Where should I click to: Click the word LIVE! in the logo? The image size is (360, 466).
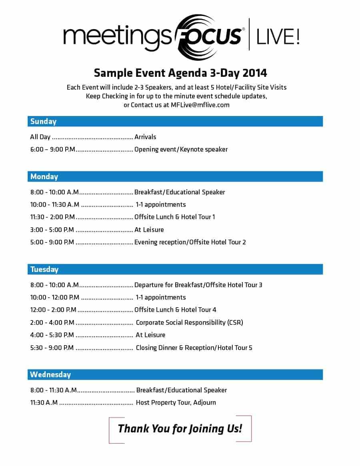pyautogui.click(x=278, y=37)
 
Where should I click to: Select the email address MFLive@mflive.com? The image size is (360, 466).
pyautogui.click(x=200, y=105)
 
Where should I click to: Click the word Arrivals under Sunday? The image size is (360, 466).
pyautogui.click(x=145, y=137)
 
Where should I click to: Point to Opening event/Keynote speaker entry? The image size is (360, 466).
pyautogui.click(x=181, y=149)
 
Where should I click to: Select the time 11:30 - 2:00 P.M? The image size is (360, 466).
pyautogui.click(x=52, y=217)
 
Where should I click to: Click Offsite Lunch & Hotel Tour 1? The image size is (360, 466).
pyautogui.click(x=174, y=217)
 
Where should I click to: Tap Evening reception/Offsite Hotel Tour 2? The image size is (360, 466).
pyautogui.click(x=190, y=242)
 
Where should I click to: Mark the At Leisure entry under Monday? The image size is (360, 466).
pyautogui.click(x=149, y=230)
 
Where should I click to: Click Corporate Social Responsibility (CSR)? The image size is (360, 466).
pyautogui.click(x=189, y=322)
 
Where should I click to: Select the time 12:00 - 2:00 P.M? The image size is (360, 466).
pyautogui.click(x=53, y=310)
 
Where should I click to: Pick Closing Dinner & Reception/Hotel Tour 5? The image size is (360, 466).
pyautogui.click(x=194, y=348)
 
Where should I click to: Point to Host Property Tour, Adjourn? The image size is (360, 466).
pyautogui.click(x=176, y=402)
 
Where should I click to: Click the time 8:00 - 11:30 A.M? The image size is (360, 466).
pyautogui.click(x=54, y=390)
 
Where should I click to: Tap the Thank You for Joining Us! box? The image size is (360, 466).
pyautogui.click(x=180, y=429)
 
